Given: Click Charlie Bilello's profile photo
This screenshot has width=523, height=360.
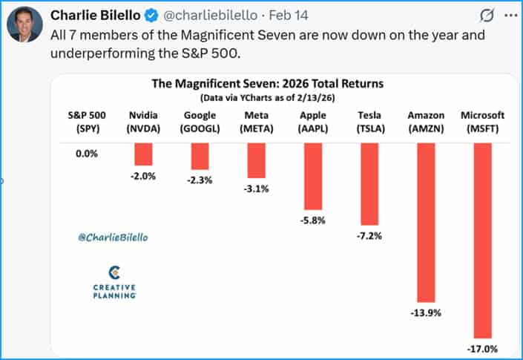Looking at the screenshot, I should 24,27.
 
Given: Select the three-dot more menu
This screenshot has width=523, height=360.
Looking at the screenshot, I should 510,16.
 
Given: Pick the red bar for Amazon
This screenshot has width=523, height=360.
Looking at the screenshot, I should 425,222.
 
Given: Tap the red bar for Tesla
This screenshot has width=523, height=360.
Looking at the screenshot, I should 369,183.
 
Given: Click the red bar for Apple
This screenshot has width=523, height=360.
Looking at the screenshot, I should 312,175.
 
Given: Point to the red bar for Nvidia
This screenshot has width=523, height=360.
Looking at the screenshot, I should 143,154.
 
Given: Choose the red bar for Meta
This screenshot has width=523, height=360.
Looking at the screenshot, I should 256,160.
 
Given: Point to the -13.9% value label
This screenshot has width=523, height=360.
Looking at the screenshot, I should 426,312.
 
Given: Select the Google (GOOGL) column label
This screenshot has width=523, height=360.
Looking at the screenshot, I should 200,121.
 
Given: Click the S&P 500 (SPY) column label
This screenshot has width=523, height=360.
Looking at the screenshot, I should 86,121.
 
